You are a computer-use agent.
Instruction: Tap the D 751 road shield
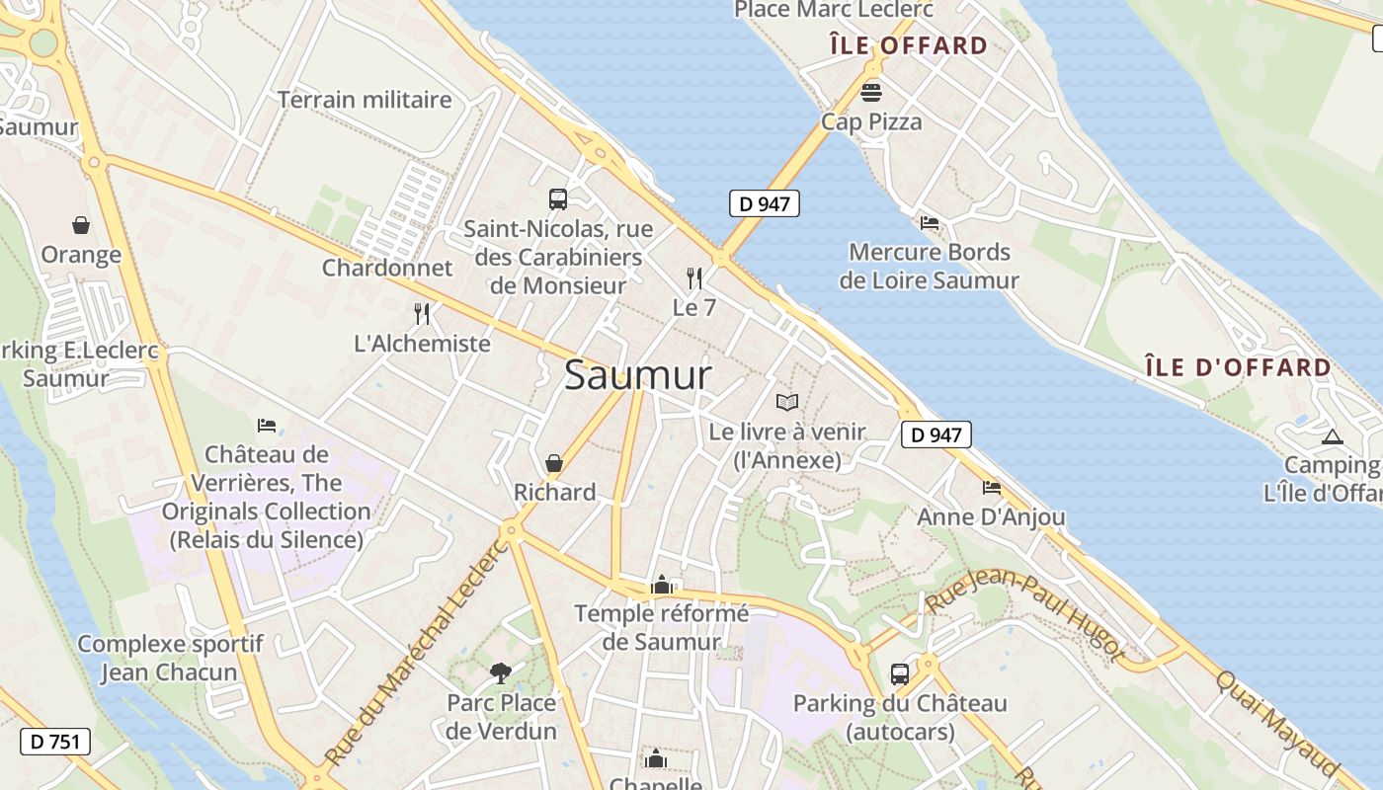pos(55,742)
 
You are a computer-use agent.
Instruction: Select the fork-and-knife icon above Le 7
pos(694,277)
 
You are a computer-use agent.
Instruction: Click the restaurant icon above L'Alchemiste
pos(422,314)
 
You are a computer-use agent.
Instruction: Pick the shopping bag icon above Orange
pos(81,225)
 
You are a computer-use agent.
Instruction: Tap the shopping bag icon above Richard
pos(554,462)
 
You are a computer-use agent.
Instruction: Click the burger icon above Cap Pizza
pos(871,92)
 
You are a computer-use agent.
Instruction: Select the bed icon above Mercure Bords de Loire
pos(929,222)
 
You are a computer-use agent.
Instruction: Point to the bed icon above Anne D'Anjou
pos(991,487)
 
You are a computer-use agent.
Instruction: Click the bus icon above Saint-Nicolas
pos(558,199)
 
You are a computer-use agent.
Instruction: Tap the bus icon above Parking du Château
pos(900,673)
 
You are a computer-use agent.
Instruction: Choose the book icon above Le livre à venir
pos(787,402)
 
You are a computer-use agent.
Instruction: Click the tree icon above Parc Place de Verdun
pos(501,672)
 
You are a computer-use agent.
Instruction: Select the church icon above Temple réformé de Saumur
pos(662,585)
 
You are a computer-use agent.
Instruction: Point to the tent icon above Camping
pos(1332,435)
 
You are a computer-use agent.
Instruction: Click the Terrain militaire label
pos(365,100)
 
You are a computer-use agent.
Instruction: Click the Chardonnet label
pos(387,268)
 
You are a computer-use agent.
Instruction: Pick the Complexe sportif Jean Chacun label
pos(170,659)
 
